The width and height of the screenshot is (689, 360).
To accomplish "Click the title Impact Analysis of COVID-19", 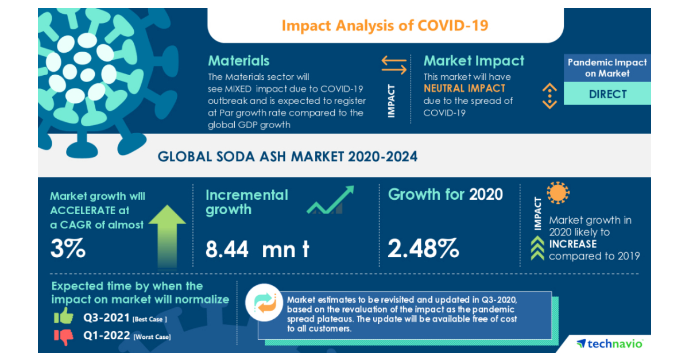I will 385,25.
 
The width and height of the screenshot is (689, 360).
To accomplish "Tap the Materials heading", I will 238,61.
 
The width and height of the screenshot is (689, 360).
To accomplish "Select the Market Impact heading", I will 474,61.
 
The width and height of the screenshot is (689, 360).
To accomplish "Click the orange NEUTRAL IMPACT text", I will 465,88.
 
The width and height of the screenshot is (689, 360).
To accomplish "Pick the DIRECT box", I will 607,94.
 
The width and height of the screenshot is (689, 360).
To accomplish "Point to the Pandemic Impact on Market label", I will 607,68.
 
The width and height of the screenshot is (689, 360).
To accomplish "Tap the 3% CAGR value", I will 68,248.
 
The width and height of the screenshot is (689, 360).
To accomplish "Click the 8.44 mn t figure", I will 257,249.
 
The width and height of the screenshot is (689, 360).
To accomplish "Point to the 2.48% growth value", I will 423,249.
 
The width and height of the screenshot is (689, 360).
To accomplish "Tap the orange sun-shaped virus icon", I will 558,193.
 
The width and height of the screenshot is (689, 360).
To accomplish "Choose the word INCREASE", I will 572,244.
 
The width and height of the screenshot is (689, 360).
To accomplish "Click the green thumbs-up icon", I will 64,316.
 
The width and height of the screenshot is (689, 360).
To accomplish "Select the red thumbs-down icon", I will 65,336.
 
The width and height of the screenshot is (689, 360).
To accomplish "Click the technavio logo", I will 610,343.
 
